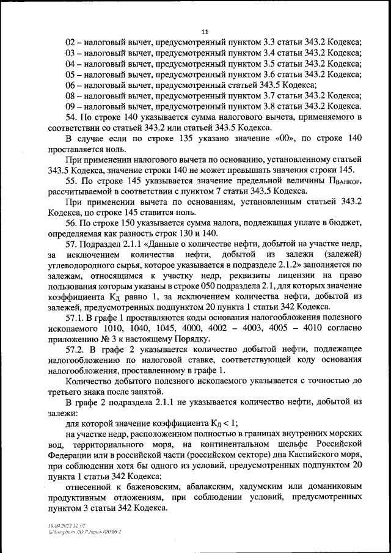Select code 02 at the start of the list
coord(71,43)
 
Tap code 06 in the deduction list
coord(71,85)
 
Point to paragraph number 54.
coord(71,117)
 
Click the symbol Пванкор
coord(346,181)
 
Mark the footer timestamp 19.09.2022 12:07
coord(68,525)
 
